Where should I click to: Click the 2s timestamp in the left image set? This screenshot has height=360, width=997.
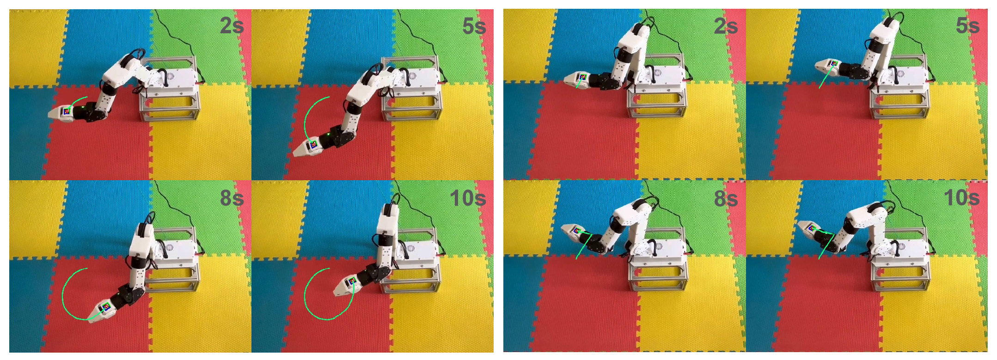click(x=232, y=26)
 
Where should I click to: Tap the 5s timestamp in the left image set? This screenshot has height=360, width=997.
click(x=474, y=27)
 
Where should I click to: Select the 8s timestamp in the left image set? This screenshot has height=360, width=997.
click(x=232, y=198)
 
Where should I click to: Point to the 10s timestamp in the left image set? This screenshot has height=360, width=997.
click(x=468, y=198)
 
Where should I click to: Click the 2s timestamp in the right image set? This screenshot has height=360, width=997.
click(x=726, y=26)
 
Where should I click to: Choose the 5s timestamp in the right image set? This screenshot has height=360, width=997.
click(x=968, y=26)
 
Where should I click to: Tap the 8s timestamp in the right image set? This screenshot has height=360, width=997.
click(x=726, y=198)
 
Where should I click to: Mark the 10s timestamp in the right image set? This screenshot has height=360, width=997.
click(x=962, y=198)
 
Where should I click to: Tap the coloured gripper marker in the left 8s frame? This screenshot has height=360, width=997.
click(x=106, y=305)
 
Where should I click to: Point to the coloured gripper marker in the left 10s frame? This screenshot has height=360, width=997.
click(x=352, y=280)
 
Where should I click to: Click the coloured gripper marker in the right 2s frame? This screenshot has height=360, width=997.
click(x=582, y=77)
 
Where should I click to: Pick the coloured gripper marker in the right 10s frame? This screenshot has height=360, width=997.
click(x=811, y=227)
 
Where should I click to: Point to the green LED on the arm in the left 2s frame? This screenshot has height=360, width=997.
click(x=82, y=108)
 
